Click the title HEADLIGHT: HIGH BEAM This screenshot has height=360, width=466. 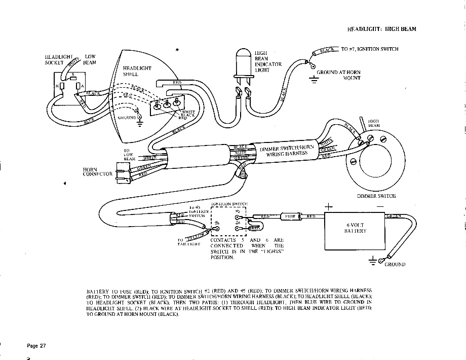click(x=381, y=29)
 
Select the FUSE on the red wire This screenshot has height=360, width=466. click(x=290, y=216)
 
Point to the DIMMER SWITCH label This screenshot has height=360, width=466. click(x=376, y=196)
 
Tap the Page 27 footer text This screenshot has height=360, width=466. click(x=36, y=346)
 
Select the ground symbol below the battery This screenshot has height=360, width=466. click(x=374, y=261)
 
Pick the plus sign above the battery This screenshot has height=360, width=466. click(x=329, y=206)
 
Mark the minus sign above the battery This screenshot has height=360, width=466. click(x=380, y=206)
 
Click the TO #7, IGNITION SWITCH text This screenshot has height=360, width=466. click(x=369, y=49)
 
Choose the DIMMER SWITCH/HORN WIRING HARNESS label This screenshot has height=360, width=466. click(x=287, y=151)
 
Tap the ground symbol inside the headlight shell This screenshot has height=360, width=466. click(x=139, y=118)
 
